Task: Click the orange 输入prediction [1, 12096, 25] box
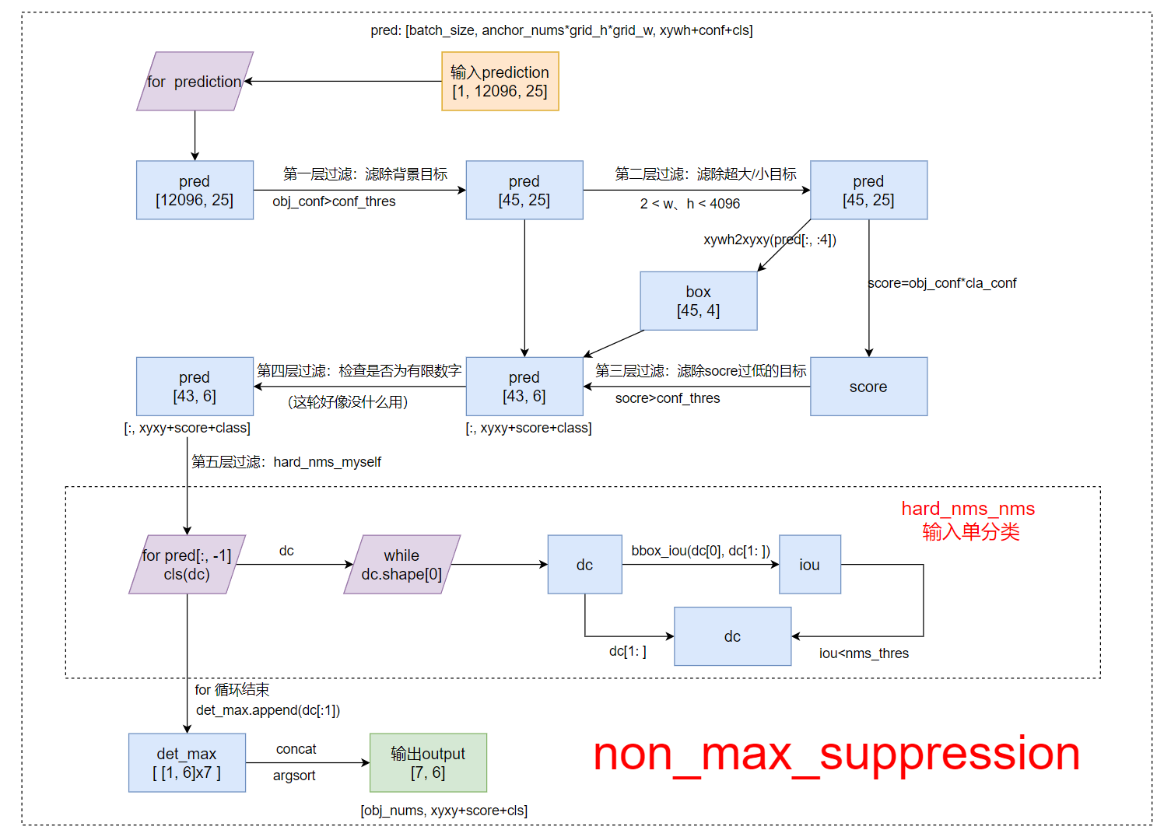point(500,82)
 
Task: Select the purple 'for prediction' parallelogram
point(195,82)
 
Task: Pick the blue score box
point(868,387)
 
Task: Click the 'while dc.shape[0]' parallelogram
point(401,565)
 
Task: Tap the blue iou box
point(809,565)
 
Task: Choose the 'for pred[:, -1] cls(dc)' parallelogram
point(187,565)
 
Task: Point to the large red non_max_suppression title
point(836,754)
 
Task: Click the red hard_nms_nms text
point(968,509)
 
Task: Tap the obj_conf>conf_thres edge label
point(334,201)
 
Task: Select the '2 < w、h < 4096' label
point(690,204)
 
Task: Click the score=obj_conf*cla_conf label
point(942,283)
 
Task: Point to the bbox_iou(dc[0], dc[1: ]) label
point(700,551)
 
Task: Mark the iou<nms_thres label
point(864,653)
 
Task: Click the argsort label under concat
point(294,776)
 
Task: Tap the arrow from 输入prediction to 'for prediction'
point(342,81)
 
